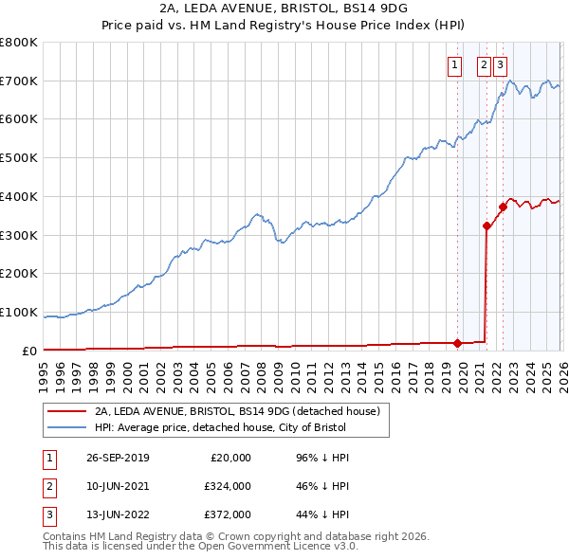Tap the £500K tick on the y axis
pyautogui.click(x=19, y=157)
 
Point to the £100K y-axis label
pyautogui.click(x=19, y=312)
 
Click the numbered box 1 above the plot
pyautogui.click(x=454, y=65)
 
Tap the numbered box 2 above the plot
pyautogui.click(x=484, y=65)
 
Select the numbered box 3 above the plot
pyautogui.click(x=500, y=65)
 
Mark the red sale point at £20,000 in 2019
pyautogui.click(x=457, y=343)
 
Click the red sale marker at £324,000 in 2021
pyautogui.click(x=486, y=225)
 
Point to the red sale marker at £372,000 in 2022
pyautogui.click(x=503, y=207)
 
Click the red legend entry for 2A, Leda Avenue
pyautogui.click(x=237, y=411)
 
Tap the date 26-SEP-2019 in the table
pyautogui.click(x=117, y=458)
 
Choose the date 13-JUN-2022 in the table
pyautogui.click(x=117, y=516)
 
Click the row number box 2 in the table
pyautogui.click(x=48, y=487)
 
